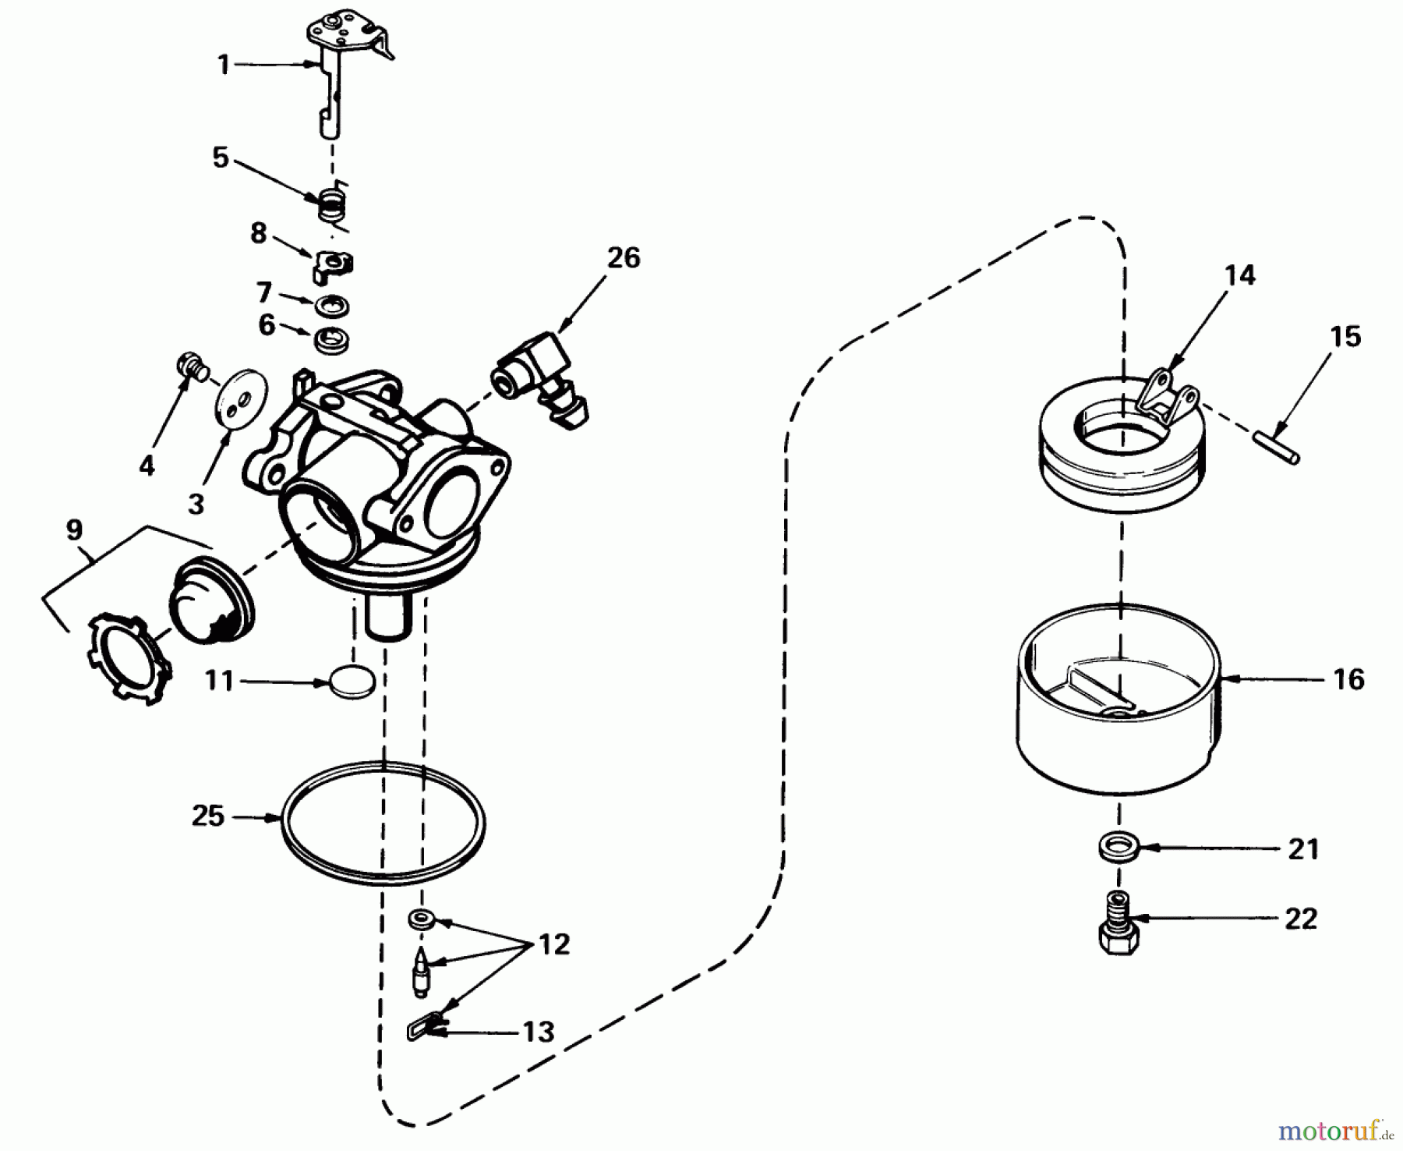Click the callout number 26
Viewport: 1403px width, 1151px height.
pyautogui.click(x=623, y=257)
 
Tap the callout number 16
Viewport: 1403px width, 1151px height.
pyautogui.click(x=1348, y=680)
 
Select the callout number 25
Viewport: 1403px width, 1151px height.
pyautogui.click(x=207, y=816)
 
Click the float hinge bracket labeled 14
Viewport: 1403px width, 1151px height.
pyautogui.click(x=1166, y=398)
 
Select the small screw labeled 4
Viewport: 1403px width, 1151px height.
pyautogui.click(x=191, y=366)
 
